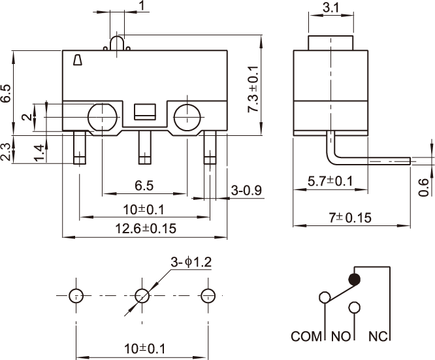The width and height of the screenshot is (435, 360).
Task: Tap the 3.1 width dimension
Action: tap(330, 8)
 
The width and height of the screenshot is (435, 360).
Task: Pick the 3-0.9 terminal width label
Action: tap(247, 190)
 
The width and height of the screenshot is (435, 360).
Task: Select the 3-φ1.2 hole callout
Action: tap(191, 263)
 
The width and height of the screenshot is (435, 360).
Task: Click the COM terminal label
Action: tap(308, 337)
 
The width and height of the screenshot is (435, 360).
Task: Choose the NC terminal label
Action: tap(379, 337)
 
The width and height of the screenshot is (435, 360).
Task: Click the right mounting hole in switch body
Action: tap(188, 116)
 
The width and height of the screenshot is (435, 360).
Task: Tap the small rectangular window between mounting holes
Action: tap(145, 111)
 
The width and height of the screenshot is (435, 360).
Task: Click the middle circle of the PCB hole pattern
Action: tap(142, 295)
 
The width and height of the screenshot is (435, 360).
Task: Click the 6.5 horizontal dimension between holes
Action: tap(144, 186)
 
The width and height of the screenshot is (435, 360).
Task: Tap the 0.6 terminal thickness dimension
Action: tap(424, 188)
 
